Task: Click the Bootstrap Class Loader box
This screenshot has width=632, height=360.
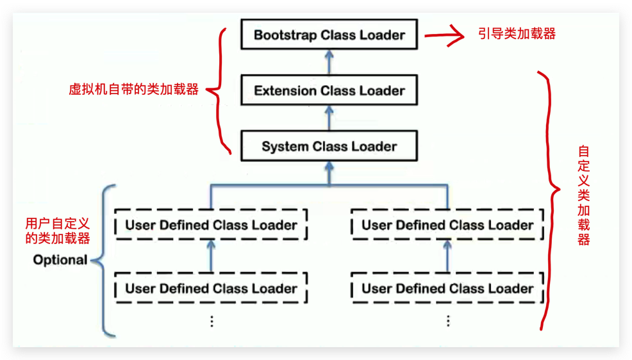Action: pyautogui.click(x=329, y=35)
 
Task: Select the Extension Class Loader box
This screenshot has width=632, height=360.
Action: pyautogui.click(x=329, y=90)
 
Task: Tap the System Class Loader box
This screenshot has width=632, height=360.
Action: pyautogui.click(x=329, y=146)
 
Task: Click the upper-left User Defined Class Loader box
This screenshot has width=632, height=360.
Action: pyautogui.click(x=211, y=225)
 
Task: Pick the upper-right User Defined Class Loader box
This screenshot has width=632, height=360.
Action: pyautogui.click(x=447, y=225)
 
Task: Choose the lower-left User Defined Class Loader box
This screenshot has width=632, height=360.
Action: pyautogui.click(x=211, y=288)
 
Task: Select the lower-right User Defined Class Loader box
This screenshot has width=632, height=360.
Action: pyautogui.click(x=447, y=288)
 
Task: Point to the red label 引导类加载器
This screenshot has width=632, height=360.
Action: pyautogui.click(x=517, y=33)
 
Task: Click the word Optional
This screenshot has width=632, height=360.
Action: pyautogui.click(x=60, y=260)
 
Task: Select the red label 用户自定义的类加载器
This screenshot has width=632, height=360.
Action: pyautogui.click(x=57, y=231)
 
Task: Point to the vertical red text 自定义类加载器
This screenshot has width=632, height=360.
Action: pyautogui.click(x=583, y=195)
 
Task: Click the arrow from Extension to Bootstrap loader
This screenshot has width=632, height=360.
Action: pyautogui.click(x=329, y=62)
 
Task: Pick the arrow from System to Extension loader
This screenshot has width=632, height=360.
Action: pyautogui.click(x=329, y=118)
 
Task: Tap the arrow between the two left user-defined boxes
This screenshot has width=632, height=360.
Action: pyautogui.click(x=211, y=256)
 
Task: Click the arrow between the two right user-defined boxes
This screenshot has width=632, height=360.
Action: pyautogui.click(x=447, y=256)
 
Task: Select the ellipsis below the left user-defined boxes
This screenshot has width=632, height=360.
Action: pyautogui.click(x=211, y=321)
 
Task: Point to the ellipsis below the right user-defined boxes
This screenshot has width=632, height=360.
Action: pyautogui.click(x=447, y=321)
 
